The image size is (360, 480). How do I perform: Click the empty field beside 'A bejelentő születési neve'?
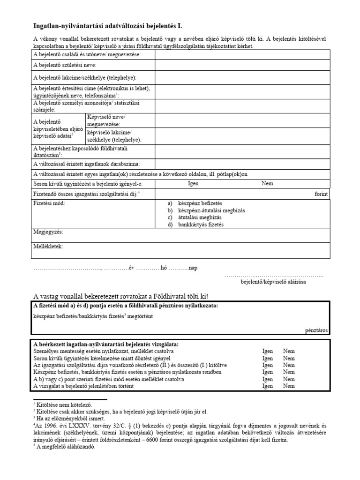click(x=242, y=66)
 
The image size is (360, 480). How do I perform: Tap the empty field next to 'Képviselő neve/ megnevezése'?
click(x=242, y=120)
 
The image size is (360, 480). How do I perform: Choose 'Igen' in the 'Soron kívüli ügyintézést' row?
click(x=193, y=183)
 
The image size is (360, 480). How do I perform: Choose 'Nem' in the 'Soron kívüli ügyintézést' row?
click(x=267, y=183)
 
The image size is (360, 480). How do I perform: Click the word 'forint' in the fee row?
click(x=321, y=194)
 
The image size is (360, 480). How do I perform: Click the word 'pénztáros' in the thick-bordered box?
click(x=316, y=330)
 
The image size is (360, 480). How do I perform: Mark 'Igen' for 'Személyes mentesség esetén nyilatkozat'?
click(x=268, y=351)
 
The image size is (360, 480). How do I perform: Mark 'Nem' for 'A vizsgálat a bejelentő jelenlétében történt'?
click(x=289, y=386)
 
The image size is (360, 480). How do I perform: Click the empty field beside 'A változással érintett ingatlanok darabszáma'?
click(x=242, y=164)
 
